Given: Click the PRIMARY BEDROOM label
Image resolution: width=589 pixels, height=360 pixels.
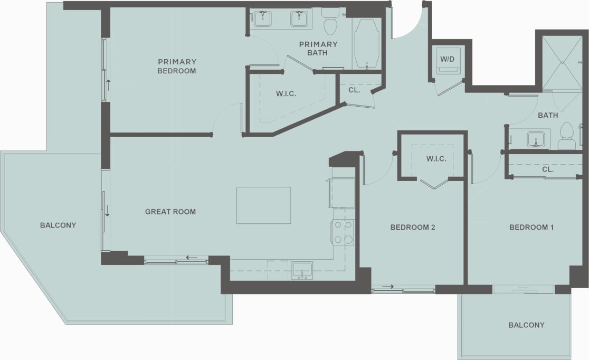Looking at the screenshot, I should point(177,66).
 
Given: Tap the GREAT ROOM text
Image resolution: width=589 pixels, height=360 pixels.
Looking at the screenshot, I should point(170,212).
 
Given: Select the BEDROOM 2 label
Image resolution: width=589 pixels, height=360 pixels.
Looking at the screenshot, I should point(412,228).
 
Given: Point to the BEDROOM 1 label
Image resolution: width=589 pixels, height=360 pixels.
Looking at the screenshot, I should point(531,228).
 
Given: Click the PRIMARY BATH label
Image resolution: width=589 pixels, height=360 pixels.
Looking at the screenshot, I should point(318,48).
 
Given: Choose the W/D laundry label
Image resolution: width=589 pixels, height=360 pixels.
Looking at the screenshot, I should point(447,59).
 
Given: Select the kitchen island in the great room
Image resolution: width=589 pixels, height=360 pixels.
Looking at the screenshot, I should point(263,205).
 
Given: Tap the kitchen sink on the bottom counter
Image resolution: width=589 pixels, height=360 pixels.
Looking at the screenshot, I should point(302,270).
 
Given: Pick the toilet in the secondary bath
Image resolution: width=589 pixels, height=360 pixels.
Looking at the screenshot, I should point(567,137).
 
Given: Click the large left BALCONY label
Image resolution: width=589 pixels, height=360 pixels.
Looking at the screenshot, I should point(58,225).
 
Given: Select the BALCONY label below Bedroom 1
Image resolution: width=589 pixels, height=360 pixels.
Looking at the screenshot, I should point(526,325).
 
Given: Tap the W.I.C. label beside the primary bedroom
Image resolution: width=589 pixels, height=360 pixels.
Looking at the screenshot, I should point(286,94).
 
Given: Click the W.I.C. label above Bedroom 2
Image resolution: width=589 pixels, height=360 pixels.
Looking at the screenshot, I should point(436,158).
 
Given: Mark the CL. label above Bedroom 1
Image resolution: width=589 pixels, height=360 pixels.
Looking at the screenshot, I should point(547,170).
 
